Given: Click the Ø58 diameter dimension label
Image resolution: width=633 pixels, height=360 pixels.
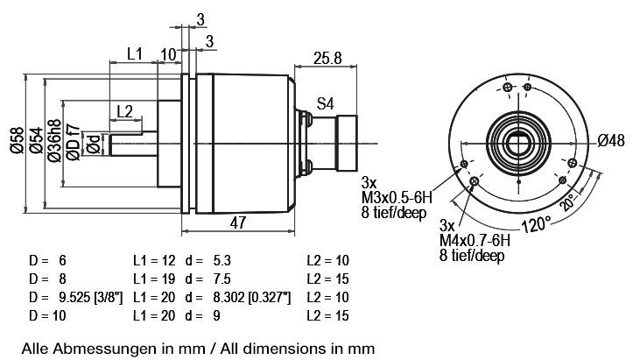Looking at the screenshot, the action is tap(18, 140).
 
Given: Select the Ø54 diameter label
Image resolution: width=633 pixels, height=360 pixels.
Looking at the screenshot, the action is tap(36, 140).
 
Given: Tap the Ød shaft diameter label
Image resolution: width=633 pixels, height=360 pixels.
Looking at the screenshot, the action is tap(94, 145).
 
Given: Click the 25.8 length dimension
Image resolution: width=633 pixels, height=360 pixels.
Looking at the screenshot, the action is tap(327, 58).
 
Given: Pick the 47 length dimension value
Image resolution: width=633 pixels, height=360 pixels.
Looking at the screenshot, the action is tap(238, 222).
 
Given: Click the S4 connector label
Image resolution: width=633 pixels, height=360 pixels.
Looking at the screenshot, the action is tap(326, 104).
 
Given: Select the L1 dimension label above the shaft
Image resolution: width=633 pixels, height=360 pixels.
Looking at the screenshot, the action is tap(135, 53).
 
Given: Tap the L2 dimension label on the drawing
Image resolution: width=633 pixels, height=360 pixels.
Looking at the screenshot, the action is tap(124, 111).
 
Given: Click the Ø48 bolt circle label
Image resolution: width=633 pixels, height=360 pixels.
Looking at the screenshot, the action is tap(611, 141).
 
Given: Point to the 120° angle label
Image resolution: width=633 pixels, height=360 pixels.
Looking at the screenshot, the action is tap(537, 224).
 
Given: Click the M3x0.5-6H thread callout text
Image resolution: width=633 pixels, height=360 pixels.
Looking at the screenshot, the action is tap(397, 198).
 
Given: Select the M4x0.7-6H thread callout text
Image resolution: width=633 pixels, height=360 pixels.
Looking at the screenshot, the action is tap(475, 240).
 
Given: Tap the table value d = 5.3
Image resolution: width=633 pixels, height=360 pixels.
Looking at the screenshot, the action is tap(207, 261).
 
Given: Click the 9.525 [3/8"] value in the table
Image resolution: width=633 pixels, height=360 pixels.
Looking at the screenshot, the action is tap(90, 298).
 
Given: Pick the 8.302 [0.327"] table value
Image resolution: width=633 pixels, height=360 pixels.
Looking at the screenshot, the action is tap(252, 298).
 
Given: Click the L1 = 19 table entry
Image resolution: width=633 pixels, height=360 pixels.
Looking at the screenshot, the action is tap(154, 279).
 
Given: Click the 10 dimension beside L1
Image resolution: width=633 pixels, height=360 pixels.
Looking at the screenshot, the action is tap(168, 55).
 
